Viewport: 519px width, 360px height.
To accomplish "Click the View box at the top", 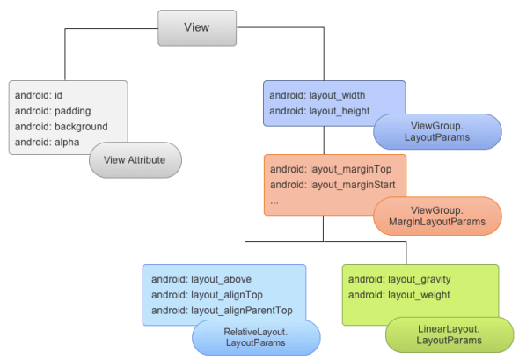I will point(197,27).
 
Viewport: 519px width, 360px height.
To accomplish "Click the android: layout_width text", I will point(318,94).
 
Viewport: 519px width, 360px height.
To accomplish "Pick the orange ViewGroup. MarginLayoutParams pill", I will point(437,216).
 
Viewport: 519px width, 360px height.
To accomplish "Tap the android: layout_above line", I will point(201,279).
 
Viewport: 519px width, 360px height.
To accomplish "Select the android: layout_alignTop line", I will point(208,295).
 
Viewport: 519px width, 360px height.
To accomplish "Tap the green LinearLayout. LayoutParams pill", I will point(449,334).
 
